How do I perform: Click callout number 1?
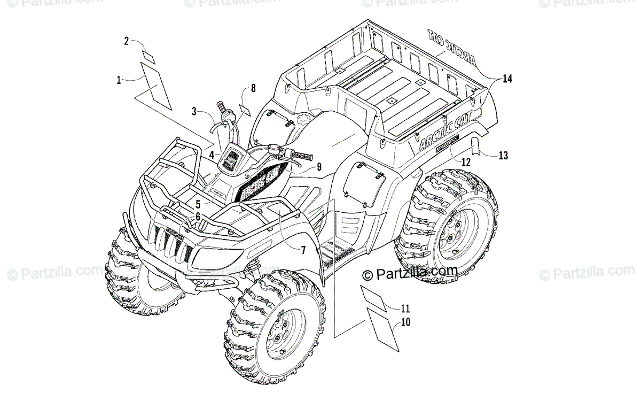pyautogui.click(x=119, y=80)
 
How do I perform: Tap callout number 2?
pyautogui.click(x=127, y=41)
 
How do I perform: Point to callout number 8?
pyautogui.click(x=253, y=88)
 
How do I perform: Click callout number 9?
pyautogui.click(x=318, y=167)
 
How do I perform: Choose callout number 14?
pyautogui.click(x=507, y=79)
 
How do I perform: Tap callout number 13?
pyautogui.click(x=503, y=156)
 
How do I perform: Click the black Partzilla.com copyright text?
pyautogui.click(x=410, y=274)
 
